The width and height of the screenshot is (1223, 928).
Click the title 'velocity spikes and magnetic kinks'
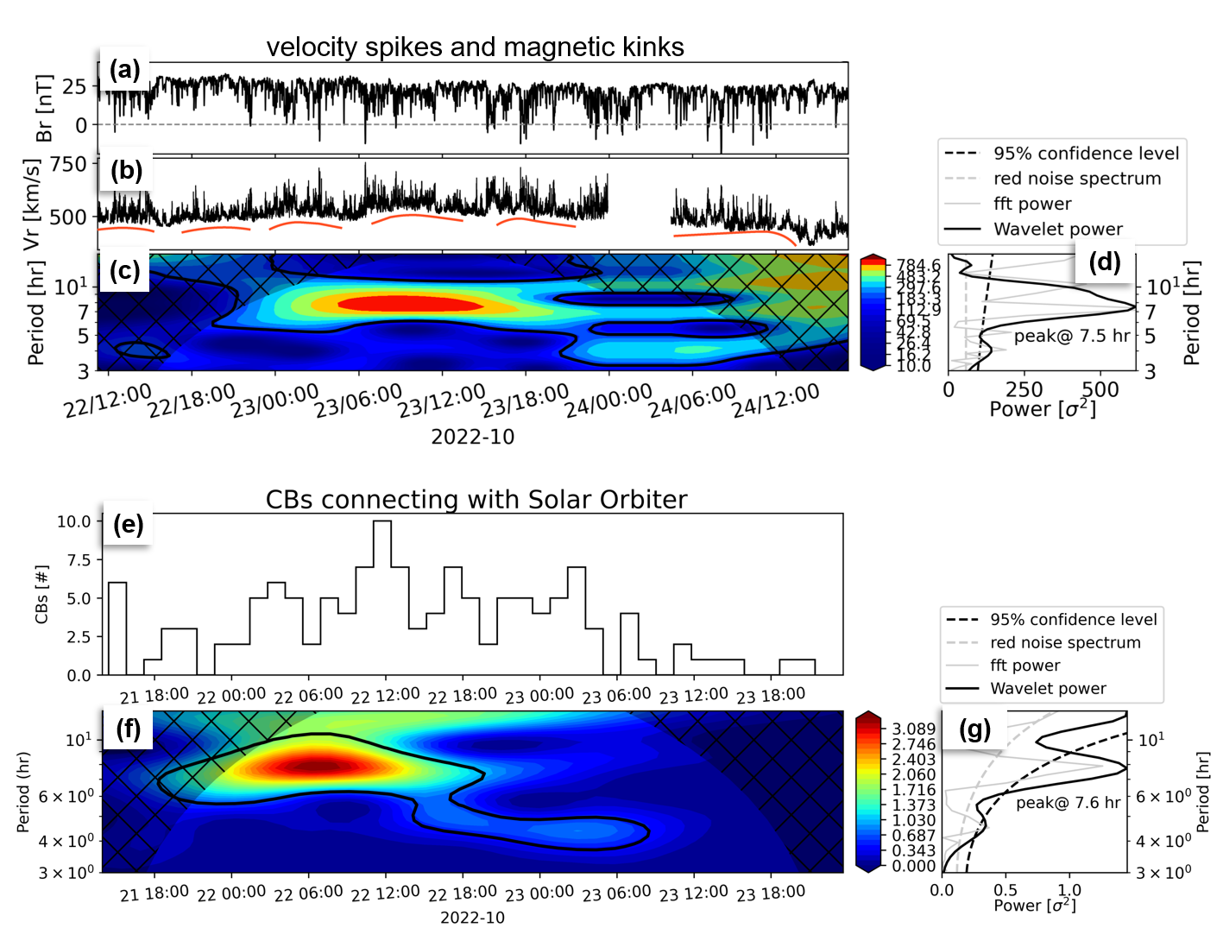[x=475, y=47]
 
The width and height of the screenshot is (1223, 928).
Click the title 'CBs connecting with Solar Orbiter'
[x=476, y=500]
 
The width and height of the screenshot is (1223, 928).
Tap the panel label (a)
[x=124, y=70]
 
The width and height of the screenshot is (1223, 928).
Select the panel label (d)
[x=1104, y=262]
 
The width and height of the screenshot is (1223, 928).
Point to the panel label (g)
[x=974, y=729]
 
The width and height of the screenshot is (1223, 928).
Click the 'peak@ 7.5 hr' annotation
[x=1071, y=336]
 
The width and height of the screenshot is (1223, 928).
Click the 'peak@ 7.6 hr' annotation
[x=1068, y=803]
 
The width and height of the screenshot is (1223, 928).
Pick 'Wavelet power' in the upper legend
[x=1058, y=229]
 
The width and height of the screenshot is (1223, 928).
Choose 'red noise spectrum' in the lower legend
[x=1065, y=642]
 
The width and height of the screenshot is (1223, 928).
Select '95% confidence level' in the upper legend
[x=1086, y=154]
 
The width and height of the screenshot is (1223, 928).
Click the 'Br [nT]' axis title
[x=43, y=108]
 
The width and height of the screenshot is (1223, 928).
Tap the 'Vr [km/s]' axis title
[x=32, y=205]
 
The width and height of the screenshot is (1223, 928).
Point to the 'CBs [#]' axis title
[x=41, y=594]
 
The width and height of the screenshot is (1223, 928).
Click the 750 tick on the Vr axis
[x=68, y=164]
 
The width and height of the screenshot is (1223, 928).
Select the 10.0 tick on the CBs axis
[x=73, y=521]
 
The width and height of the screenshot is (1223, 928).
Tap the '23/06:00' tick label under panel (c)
[x=358, y=401]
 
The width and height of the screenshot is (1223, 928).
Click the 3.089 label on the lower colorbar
[x=913, y=729]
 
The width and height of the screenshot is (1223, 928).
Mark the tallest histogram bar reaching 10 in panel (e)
[x=382, y=596]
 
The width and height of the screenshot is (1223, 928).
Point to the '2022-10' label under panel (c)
[x=472, y=437]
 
